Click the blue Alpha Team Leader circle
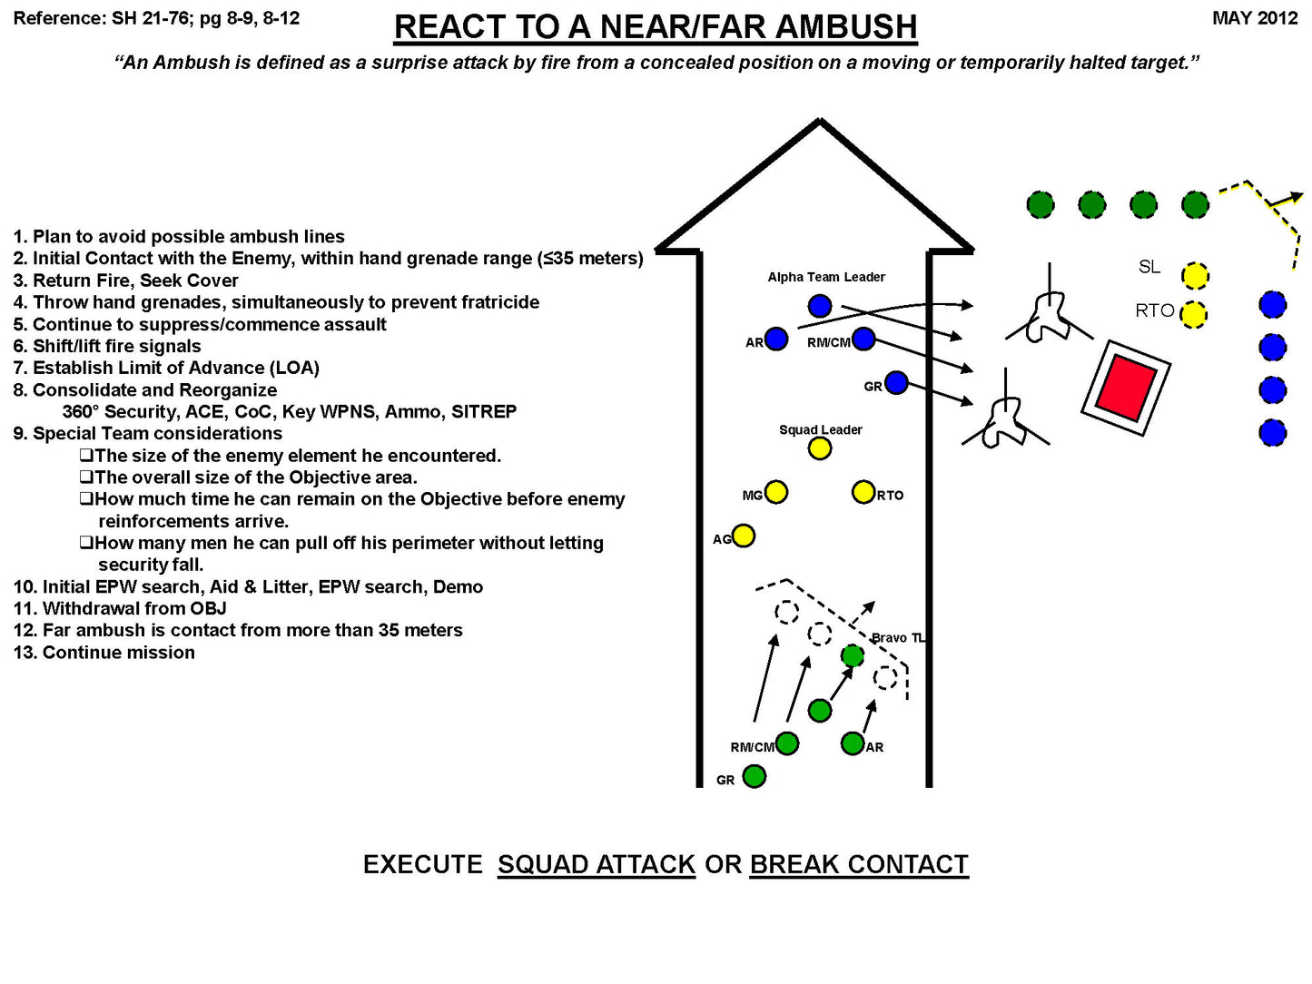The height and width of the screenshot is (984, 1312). pyautogui.click(x=819, y=306)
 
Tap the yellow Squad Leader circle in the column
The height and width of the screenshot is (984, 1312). pyautogui.click(x=819, y=448)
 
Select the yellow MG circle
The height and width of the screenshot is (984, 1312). pyautogui.click(x=775, y=492)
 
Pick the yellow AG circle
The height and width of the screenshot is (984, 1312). pyautogui.click(x=743, y=536)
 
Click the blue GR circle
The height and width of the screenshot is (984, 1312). pyautogui.click(x=896, y=383)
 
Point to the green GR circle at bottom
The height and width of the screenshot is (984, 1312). pyautogui.click(x=754, y=777)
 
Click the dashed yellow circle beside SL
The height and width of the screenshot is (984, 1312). pyautogui.click(x=1195, y=275)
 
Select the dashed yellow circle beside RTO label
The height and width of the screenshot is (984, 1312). pyautogui.click(x=1194, y=314)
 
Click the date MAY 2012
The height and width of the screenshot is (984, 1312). pyautogui.click(x=1255, y=18)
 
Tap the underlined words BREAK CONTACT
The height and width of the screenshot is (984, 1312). pyautogui.click(x=859, y=864)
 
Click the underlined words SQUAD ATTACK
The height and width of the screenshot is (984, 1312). pyautogui.click(x=596, y=864)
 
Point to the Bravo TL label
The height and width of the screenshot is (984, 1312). pyautogui.click(x=898, y=638)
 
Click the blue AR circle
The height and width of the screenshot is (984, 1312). pyautogui.click(x=775, y=339)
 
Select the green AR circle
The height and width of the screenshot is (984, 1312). pyautogui.click(x=852, y=744)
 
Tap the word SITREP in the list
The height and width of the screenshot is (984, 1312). pyautogui.click(x=484, y=412)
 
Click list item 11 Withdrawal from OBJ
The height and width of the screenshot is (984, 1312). pyautogui.click(x=120, y=608)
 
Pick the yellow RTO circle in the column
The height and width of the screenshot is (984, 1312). pyautogui.click(x=863, y=492)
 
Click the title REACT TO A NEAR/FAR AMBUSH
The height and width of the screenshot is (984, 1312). pyautogui.click(x=656, y=27)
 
